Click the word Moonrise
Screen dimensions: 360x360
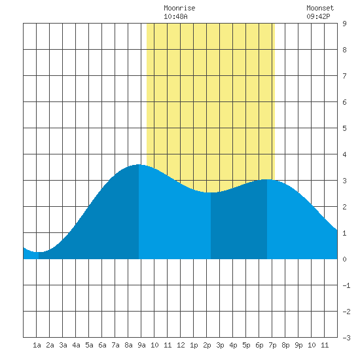[x=179, y=8]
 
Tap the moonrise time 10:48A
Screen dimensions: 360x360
[x=175, y=16]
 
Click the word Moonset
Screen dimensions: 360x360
[x=320, y=8]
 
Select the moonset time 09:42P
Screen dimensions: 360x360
[x=319, y=16]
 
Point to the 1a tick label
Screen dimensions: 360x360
[x=37, y=345]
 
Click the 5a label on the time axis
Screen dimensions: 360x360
[x=89, y=345]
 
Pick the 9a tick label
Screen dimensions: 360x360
[x=141, y=345]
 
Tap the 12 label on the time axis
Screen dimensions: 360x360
[x=181, y=345]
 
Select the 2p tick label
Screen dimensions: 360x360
[x=207, y=345]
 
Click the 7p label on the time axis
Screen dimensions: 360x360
[x=272, y=345]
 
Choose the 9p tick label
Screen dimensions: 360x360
[x=298, y=345]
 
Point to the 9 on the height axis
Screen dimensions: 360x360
[x=344, y=24]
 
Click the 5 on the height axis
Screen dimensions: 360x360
[x=344, y=128]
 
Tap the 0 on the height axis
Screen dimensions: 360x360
[x=344, y=259]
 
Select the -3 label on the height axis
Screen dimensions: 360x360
[x=346, y=338]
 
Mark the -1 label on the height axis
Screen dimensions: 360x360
[x=346, y=285]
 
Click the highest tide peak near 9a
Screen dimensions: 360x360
[x=139, y=164]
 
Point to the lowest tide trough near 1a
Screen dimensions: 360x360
[x=39, y=252]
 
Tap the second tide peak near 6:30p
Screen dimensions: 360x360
[x=267, y=179]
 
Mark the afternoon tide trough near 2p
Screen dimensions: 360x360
[x=211, y=192]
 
